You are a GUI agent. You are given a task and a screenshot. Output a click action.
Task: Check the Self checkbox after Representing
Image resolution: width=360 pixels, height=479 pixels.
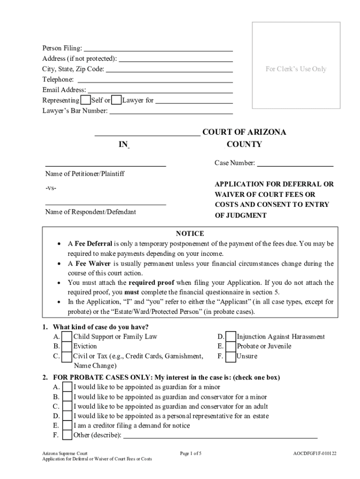pyautogui.click(x=86, y=100)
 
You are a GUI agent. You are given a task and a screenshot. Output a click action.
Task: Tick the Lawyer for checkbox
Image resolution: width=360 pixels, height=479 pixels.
pyautogui.click(x=117, y=100)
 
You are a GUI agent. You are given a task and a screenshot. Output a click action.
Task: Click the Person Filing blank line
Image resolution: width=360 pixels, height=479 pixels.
pyautogui.click(x=158, y=49)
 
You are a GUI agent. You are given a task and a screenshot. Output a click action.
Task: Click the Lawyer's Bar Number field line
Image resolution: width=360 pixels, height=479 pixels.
pyautogui.click(x=171, y=111)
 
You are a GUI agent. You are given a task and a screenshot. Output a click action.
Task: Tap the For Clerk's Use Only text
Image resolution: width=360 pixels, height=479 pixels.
pyautogui.click(x=296, y=69)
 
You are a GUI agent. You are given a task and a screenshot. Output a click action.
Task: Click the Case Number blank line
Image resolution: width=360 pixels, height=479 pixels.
pyautogui.click(x=295, y=164)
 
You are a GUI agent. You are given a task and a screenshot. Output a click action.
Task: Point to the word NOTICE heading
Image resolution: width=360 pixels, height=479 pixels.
pyautogui.click(x=189, y=233)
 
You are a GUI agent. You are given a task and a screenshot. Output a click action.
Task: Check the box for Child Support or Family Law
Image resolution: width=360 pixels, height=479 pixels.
pyautogui.click(x=67, y=337)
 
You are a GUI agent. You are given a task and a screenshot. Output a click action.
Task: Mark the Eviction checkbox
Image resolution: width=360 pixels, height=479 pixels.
pyautogui.click(x=67, y=347)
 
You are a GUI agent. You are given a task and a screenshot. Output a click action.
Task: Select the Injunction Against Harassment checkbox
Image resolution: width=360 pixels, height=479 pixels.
pyautogui.click(x=230, y=337)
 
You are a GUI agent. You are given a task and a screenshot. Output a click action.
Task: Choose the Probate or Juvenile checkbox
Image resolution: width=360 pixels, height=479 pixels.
pyautogui.click(x=230, y=347)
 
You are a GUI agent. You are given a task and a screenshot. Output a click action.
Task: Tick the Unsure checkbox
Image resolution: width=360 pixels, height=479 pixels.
pyautogui.click(x=230, y=356)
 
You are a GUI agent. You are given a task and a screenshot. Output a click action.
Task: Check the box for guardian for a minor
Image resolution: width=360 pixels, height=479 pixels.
pyautogui.click(x=67, y=387)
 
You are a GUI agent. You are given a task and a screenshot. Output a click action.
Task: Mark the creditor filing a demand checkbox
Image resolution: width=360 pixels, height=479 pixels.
pyautogui.click(x=67, y=426)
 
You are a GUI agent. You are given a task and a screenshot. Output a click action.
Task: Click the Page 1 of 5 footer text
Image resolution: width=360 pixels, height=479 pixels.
pyautogui.click(x=190, y=453)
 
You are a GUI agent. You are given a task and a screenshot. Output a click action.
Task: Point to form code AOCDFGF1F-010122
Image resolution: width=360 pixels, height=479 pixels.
pyautogui.click(x=315, y=453)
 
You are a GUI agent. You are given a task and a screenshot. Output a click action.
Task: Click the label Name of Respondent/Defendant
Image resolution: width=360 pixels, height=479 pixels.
pyautogui.click(x=91, y=212)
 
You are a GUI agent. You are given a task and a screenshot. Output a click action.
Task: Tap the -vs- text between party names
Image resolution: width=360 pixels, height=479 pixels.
pyautogui.click(x=51, y=188)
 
